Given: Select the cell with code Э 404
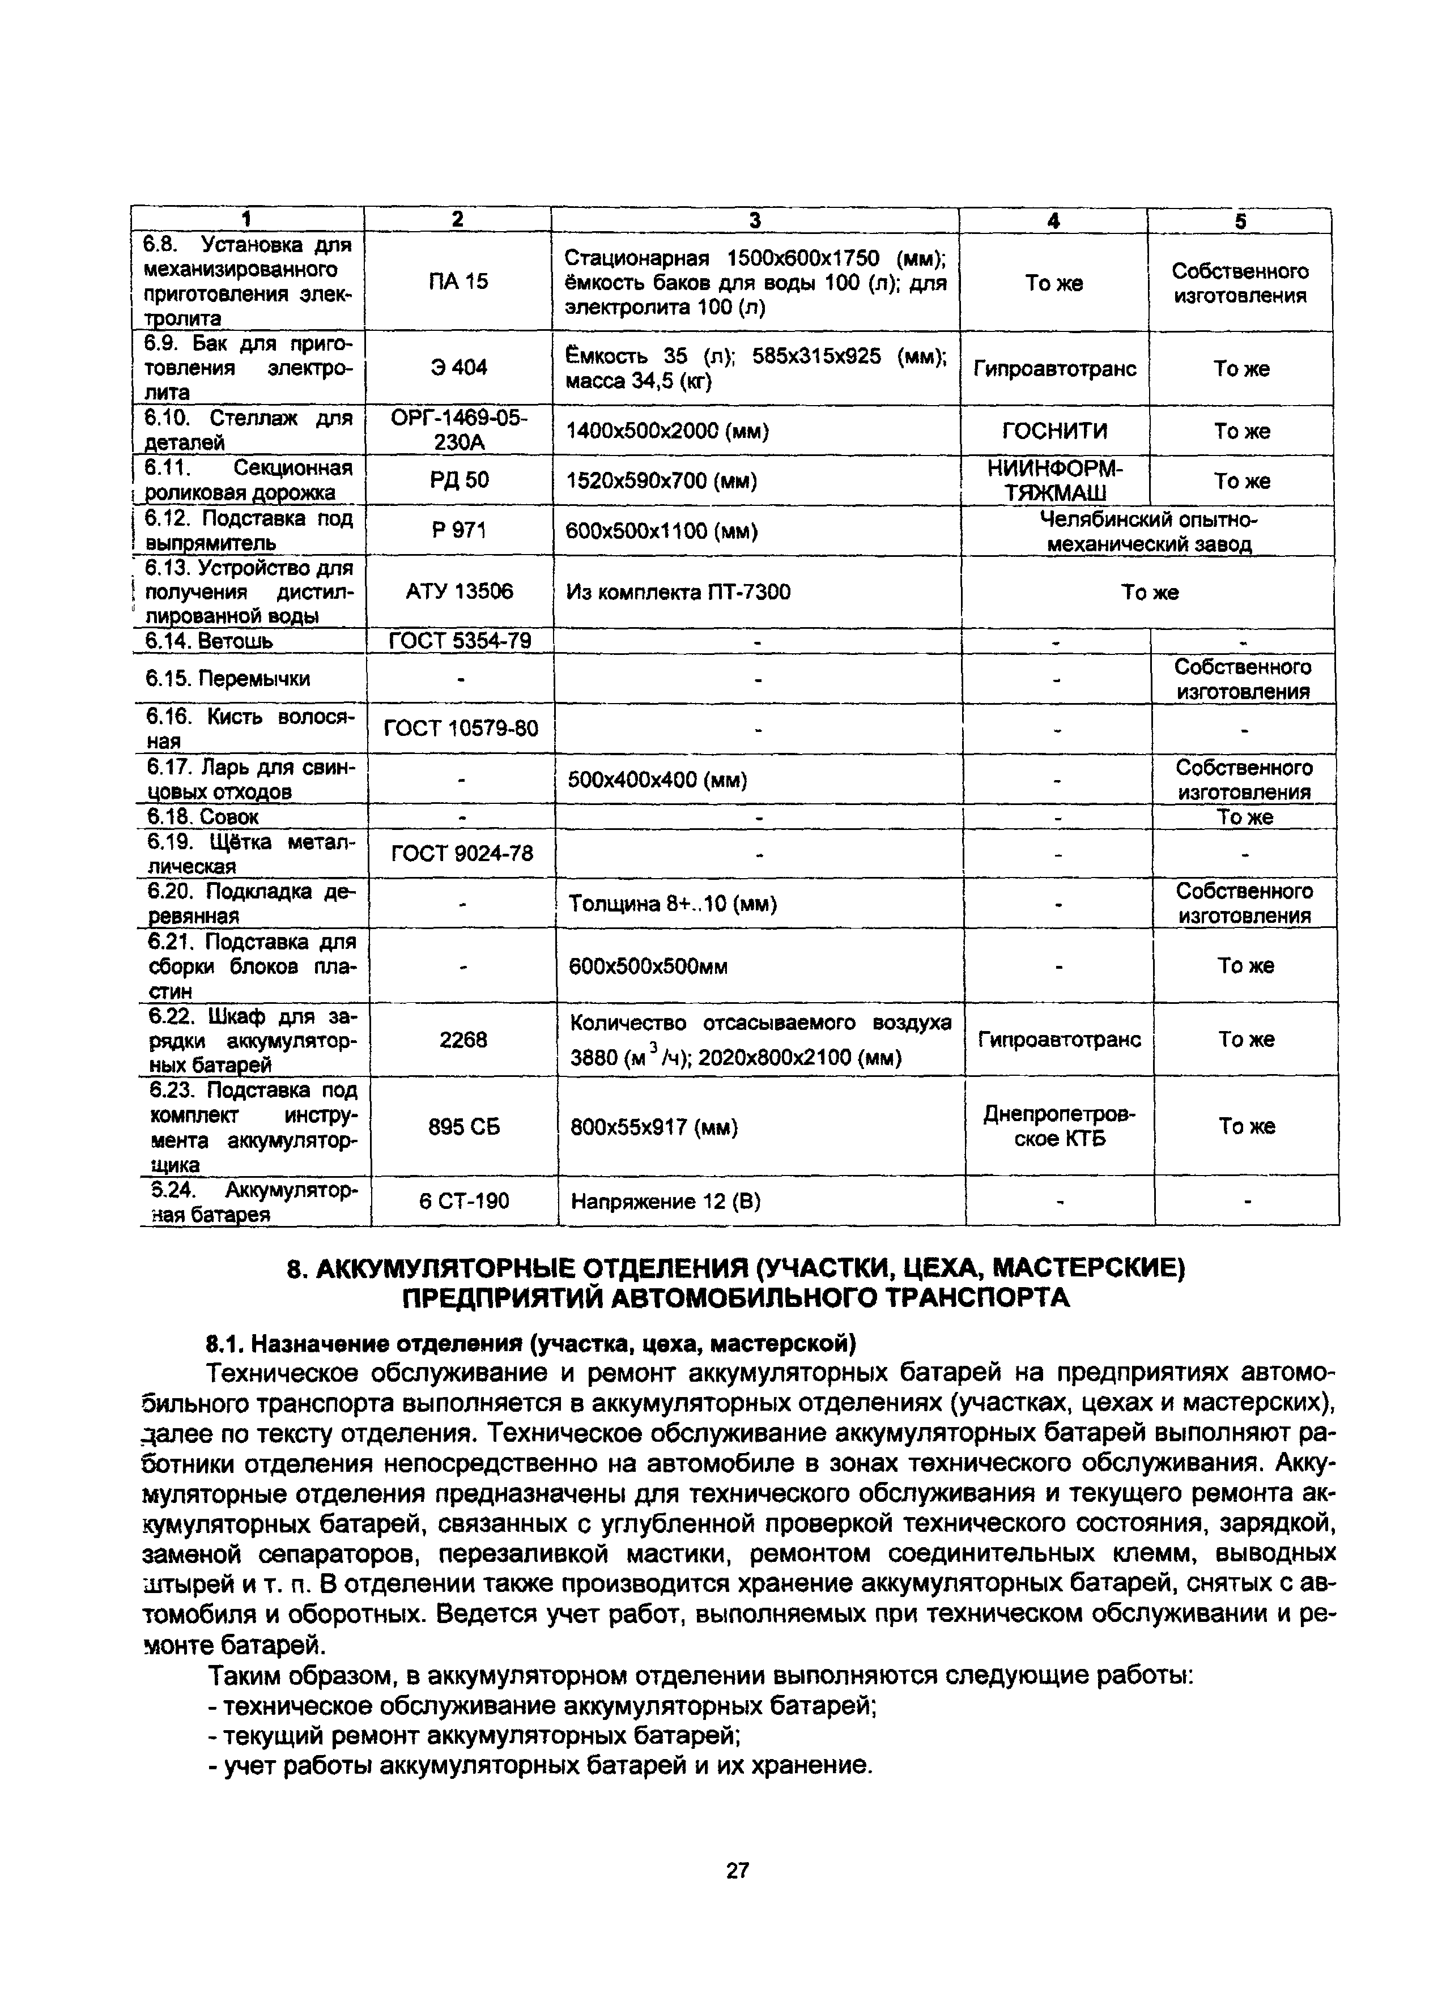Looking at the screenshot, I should [x=458, y=367].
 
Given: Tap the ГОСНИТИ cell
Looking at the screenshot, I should [x=1054, y=431].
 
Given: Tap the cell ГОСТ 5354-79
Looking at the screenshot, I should [x=460, y=640].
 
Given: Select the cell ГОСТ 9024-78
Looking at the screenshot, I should [x=462, y=853].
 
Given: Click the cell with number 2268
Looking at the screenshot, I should [x=463, y=1038].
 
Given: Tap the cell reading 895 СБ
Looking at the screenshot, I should [x=463, y=1126].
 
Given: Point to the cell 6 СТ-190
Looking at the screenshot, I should [x=463, y=1201].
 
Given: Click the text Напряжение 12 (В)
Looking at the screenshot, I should [x=666, y=1201].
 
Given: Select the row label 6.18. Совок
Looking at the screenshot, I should [x=202, y=816].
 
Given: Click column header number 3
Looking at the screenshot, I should [x=754, y=220].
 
